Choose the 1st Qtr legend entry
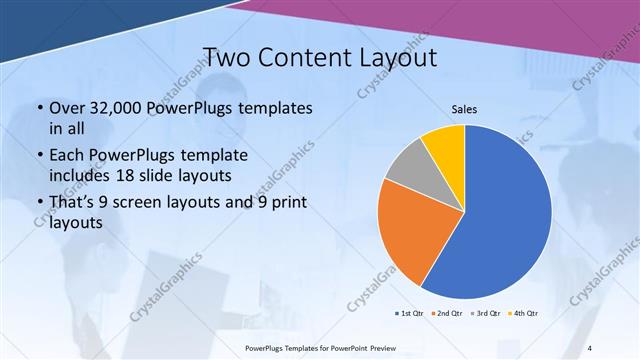tap(411, 314)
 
